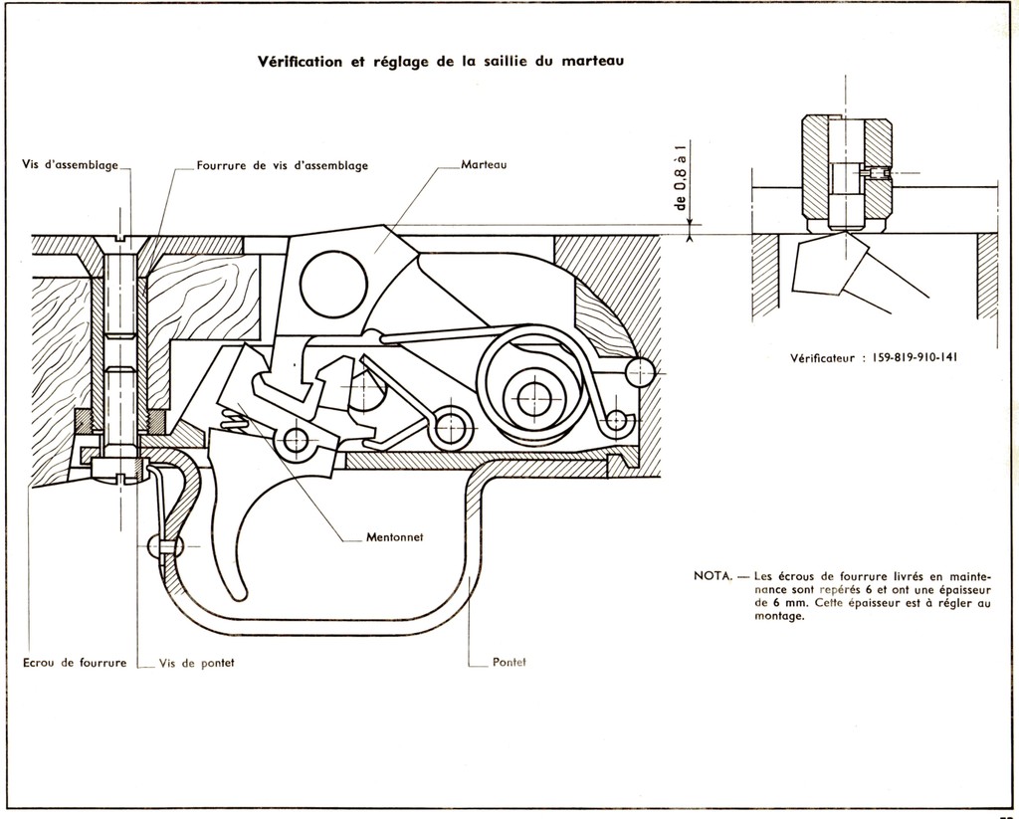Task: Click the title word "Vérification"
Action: [300, 61]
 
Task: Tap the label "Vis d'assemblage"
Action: [71, 164]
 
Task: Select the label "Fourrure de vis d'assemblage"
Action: [283, 166]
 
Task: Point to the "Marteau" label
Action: [485, 164]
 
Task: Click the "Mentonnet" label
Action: [394, 537]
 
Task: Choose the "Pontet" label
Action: [509, 663]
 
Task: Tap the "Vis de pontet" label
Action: [196, 663]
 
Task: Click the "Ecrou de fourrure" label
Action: [75, 663]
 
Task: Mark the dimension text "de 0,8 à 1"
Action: [681, 174]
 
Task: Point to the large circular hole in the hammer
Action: [333, 284]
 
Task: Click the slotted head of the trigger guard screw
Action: [117, 470]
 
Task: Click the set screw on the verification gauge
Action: [873, 173]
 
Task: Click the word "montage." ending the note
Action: [779, 616]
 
